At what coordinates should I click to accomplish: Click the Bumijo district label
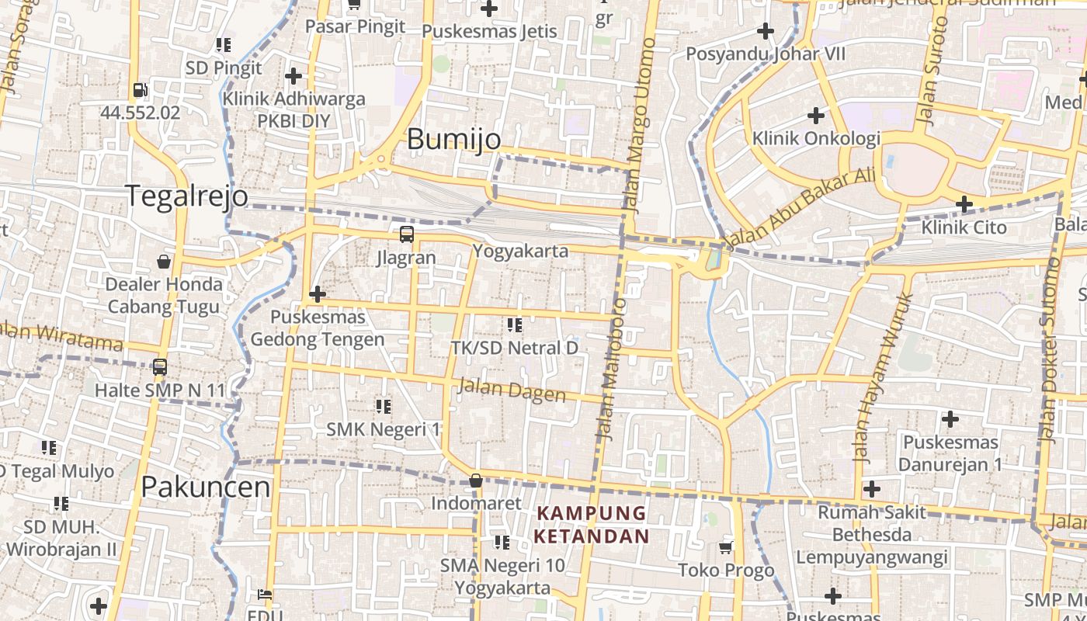pyautogui.click(x=453, y=140)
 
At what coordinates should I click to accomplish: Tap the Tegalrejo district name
pyautogui.click(x=186, y=196)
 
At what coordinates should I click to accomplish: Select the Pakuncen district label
pyautogui.click(x=206, y=487)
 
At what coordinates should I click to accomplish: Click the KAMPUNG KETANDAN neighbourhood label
pyautogui.click(x=592, y=525)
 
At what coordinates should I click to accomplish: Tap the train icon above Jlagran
pyautogui.click(x=406, y=234)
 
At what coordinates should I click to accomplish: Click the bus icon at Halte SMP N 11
pyautogui.click(x=160, y=367)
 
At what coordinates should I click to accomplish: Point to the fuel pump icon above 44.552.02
pyautogui.click(x=140, y=90)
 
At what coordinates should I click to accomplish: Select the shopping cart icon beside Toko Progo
pyautogui.click(x=726, y=548)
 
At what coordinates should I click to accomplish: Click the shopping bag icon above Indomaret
pyautogui.click(x=476, y=481)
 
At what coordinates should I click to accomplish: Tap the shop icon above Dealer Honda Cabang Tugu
pyautogui.click(x=164, y=262)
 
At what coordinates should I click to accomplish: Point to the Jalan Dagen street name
pyautogui.click(x=512, y=390)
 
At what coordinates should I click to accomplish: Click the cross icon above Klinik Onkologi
pyautogui.click(x=815, y=116)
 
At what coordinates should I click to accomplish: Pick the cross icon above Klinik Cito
pyautogui.click(x=964, y=205)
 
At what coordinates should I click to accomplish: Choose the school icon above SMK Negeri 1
pyautogui.click(x=383, y=406)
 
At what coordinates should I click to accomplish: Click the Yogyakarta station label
pyautogui.click(x=520, y=252)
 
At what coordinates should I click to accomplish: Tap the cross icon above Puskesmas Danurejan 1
pyautogui.click(x=950, y=420)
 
